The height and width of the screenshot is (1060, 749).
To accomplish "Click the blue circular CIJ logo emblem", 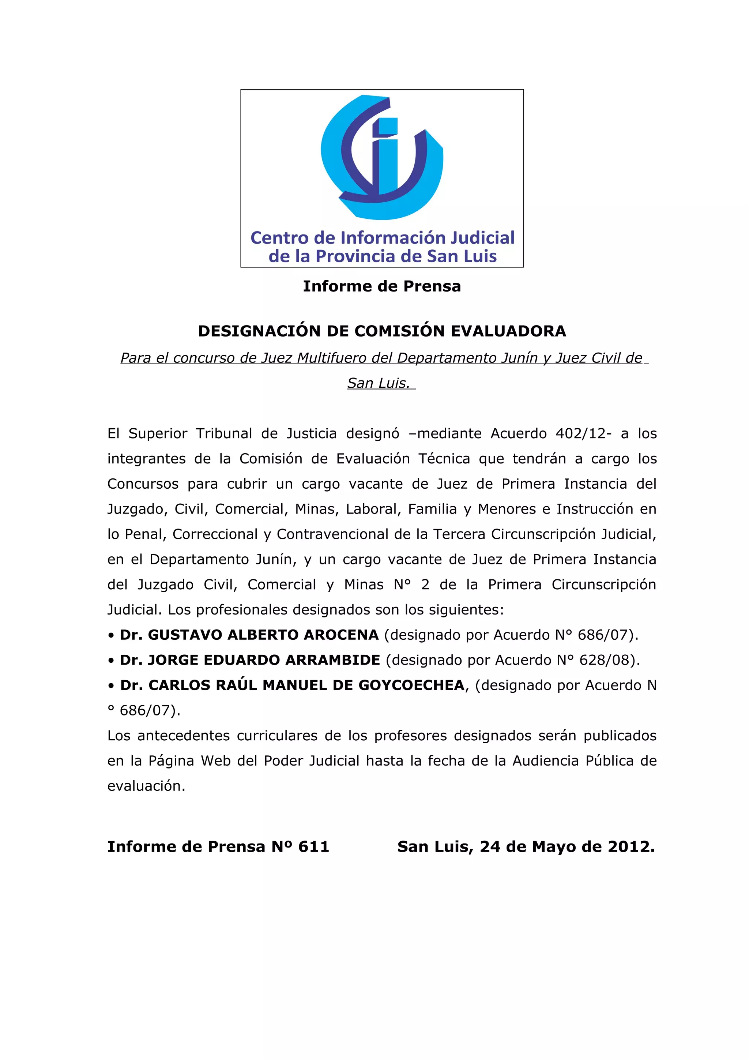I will (382, 157).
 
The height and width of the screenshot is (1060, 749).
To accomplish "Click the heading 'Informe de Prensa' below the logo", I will (382, 286).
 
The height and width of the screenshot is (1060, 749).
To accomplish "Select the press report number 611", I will (313, 847).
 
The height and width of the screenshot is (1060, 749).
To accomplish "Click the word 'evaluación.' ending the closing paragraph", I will (146, 786).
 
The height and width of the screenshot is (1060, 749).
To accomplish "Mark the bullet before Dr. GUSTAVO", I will (111, 636).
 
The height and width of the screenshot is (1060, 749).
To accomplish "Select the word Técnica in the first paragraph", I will (444, 459).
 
